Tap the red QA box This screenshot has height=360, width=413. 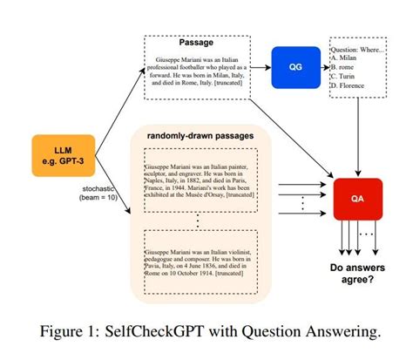pyautogui.click(x=357, y=198)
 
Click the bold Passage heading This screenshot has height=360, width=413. pyautogui.click(x=197, y=42)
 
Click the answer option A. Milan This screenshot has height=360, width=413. pyautogui.click(x=347, y=61)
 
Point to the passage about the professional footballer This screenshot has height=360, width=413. pyautogui.click(x=197, y=72)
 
